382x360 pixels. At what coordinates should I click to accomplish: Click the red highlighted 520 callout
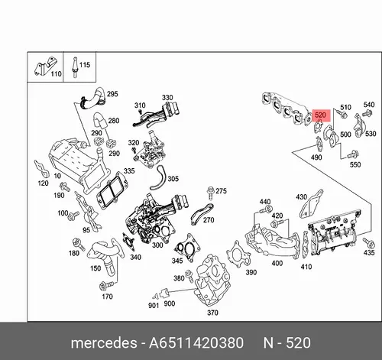tap(321, 115)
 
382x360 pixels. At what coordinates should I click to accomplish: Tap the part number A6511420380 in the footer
tap(196, 342)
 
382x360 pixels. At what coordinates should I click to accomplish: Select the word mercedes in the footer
tap(104, 343)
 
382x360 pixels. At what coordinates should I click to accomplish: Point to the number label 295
tap(112, 94)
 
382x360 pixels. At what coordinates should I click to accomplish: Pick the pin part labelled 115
tap(75, 67)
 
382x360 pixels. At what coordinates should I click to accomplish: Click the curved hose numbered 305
tap(158, 177)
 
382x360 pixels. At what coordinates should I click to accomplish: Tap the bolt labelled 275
tap(210, 193)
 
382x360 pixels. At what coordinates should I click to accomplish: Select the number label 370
tap(212, 313)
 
